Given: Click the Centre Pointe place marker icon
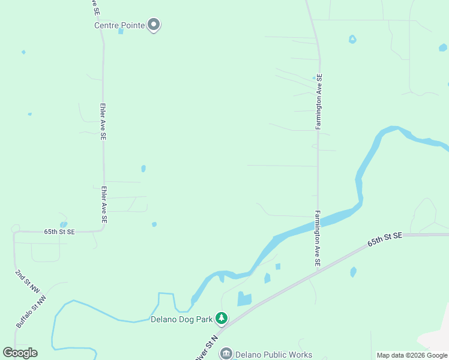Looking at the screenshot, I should (x=154, y=25).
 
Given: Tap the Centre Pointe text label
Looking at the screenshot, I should (x=120, y=25).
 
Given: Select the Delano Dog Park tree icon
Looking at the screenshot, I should (x=222, y=318).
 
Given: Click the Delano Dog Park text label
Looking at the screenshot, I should (x=181, y=319).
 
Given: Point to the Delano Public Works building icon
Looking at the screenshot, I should (x=226, y=354).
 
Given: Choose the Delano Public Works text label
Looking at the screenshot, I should (x=273, y=355).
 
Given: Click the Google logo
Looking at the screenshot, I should (x=20, y=353).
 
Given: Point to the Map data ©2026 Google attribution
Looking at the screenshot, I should (x=412, y=355).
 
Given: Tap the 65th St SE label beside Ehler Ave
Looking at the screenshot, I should (x=59, y=232).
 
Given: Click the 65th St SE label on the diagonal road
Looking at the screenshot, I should (x=385, y=239).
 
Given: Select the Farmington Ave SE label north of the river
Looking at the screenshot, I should (x=319, y=101).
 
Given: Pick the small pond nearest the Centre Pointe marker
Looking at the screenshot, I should (x=121, y=31).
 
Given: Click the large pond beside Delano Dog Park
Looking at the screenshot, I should (x=244, y=299).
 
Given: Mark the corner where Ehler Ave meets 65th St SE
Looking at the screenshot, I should (x=103, y=229).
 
